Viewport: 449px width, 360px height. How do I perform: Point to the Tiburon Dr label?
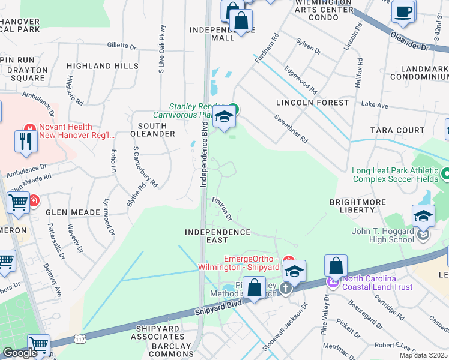click(221, 207)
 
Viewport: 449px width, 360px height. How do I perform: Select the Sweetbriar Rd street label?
click(292, 130)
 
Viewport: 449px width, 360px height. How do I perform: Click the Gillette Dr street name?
click(122, 46)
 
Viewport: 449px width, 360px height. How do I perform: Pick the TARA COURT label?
click(397, 130)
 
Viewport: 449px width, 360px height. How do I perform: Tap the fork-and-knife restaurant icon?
click(25, 141)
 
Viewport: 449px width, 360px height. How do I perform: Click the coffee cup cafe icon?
click(403, 11)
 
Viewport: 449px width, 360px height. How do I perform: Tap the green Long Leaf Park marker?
click(445, 174)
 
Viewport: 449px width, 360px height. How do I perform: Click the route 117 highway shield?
click(80, 340)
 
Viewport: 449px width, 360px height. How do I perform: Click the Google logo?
click(20, 353)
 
